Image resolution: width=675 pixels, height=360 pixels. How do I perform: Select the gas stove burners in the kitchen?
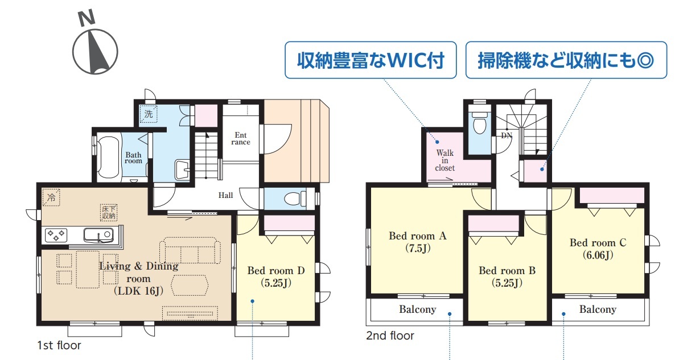tap(56, 235)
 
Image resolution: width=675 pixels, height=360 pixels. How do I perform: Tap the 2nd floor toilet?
tap(479, 123)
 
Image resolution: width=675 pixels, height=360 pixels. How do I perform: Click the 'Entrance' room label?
tap(241, 139)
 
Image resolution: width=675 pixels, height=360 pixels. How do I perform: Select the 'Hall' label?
tap(225, 195)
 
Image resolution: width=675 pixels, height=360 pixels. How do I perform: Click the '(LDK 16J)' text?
tap(139, 291)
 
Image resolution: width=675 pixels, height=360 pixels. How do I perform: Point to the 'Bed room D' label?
tap(276, 271)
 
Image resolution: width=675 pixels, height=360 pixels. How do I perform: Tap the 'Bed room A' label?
tap(418, 235)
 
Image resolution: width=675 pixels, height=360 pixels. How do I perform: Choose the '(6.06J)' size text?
tap(598, 255)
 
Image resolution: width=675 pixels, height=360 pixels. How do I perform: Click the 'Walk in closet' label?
tap(444, 160)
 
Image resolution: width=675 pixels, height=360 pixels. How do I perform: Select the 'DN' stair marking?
tap(507, 136)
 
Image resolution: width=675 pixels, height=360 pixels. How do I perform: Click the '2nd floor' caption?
tap(390, 336)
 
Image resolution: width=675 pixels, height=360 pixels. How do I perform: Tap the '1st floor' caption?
tap(59, 345)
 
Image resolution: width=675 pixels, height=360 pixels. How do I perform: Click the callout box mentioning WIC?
tap(371, 60)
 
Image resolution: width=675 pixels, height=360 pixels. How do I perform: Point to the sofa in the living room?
tap(190, 251)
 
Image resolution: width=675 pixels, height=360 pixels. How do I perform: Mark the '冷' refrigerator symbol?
tap(51, 198)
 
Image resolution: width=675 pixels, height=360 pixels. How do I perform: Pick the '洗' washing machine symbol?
tap(149, 114)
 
